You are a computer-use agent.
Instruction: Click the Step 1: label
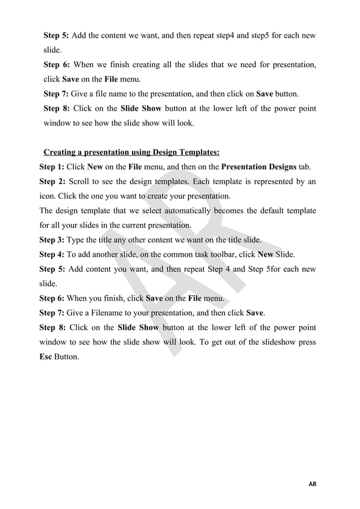pos(52,167)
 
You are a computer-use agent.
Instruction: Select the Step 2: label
pos(52,182)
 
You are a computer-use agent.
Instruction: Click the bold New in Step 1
pos(95,167)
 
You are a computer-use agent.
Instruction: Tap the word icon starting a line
pos(47,196)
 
